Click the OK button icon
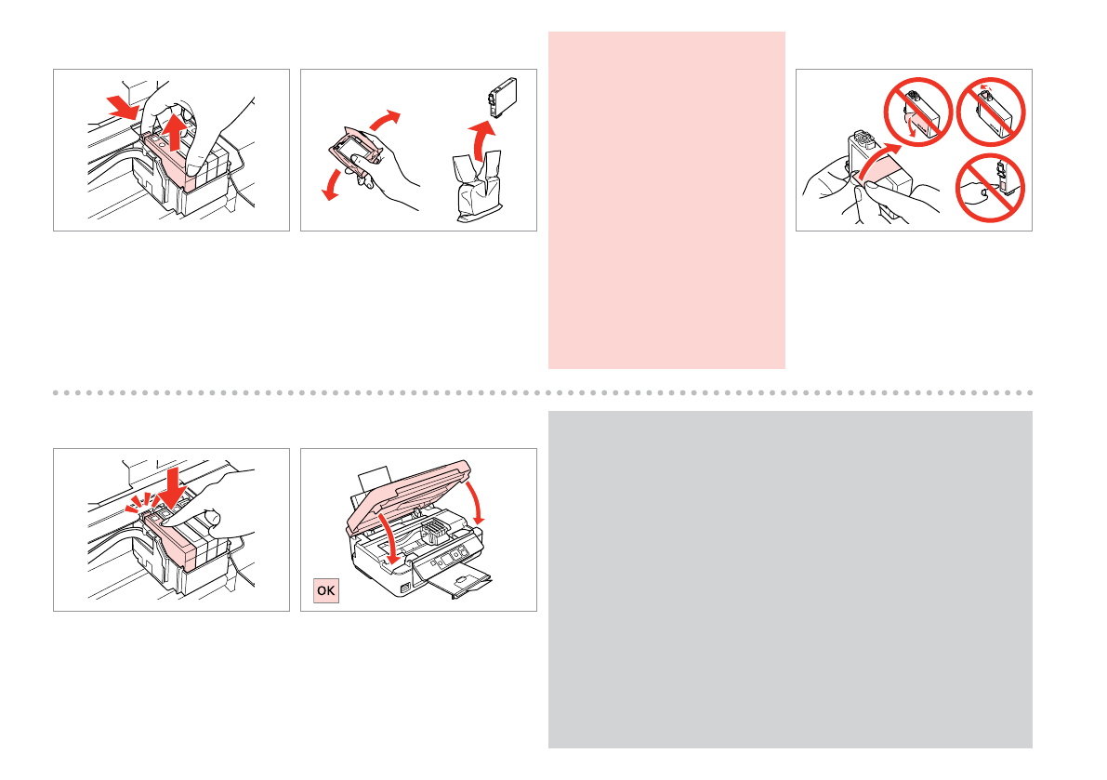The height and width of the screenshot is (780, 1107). click(x=326, y=590)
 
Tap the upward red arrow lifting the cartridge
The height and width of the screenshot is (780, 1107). click(x=173, y=132)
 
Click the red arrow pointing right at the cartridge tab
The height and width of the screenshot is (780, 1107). click(x=123, y=109)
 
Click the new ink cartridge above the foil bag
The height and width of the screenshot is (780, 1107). click(x=503, y=98)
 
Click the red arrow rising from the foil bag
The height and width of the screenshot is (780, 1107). click(x=481, y=139)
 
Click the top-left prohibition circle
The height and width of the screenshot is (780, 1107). click(x=917, y=112)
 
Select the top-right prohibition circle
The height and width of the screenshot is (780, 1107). click(x=991, y=112)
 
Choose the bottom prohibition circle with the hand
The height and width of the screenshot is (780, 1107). click(x=990, y=188)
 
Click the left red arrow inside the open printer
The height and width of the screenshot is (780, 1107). click(x=389, y=538)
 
